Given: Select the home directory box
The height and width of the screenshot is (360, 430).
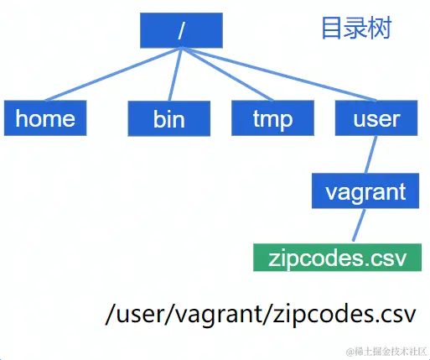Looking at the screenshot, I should (45, 118).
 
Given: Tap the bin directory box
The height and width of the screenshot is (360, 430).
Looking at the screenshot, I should (168, 119).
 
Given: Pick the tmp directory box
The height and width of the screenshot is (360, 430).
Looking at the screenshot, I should (272, 118).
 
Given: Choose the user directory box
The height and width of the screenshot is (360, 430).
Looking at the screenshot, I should (376, 118).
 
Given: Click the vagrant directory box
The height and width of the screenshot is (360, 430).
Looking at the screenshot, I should (365, 191).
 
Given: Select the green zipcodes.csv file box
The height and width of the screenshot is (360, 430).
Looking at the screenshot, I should (337, 257).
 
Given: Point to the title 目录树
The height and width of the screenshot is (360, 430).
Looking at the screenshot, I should (356, 29).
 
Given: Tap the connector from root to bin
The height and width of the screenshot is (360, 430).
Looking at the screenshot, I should (174, 76).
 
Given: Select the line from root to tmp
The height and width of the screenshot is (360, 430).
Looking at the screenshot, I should (226, 76).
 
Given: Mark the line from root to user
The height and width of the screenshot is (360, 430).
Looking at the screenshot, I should (277, 76).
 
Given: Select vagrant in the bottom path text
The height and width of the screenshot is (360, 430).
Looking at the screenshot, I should (226, 315).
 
